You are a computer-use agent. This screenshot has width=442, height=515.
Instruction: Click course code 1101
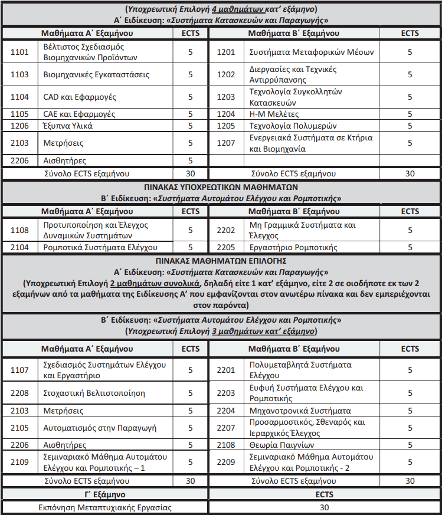[19, 52]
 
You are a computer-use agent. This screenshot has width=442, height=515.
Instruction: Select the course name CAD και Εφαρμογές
[80, 97]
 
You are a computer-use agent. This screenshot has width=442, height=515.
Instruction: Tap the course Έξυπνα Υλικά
[68, 125]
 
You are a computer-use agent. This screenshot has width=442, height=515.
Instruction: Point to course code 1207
[226, 143]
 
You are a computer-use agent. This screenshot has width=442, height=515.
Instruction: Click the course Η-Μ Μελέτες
[274, 114]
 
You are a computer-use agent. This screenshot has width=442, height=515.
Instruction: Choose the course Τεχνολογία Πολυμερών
[293, 125]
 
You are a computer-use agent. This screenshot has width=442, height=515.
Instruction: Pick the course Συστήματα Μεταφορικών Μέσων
[312, 52]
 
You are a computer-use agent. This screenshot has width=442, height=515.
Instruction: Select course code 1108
[19, 231]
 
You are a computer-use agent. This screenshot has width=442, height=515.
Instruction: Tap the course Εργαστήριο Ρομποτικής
[293, 248]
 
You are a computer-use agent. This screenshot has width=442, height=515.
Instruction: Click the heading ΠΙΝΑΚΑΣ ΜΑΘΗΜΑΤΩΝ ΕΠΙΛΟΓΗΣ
[221, 260]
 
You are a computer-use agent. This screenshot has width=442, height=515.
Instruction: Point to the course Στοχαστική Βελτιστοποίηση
[94, 393]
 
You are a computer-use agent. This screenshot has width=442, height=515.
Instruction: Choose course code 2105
[19, 427]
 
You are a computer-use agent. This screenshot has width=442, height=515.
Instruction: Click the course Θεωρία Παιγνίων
[281, 445]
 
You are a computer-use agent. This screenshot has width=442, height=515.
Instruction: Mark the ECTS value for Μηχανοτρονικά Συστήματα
[410, 411]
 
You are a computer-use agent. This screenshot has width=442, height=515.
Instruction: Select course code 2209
[226, 462]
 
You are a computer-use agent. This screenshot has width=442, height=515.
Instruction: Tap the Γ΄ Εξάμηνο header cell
[105, 494]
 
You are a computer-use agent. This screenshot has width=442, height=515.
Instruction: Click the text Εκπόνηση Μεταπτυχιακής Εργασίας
[105, 507]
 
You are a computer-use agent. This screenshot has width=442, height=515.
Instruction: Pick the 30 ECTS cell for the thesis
[324, 507]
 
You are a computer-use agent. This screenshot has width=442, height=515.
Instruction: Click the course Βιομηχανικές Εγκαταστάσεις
[96, 74]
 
